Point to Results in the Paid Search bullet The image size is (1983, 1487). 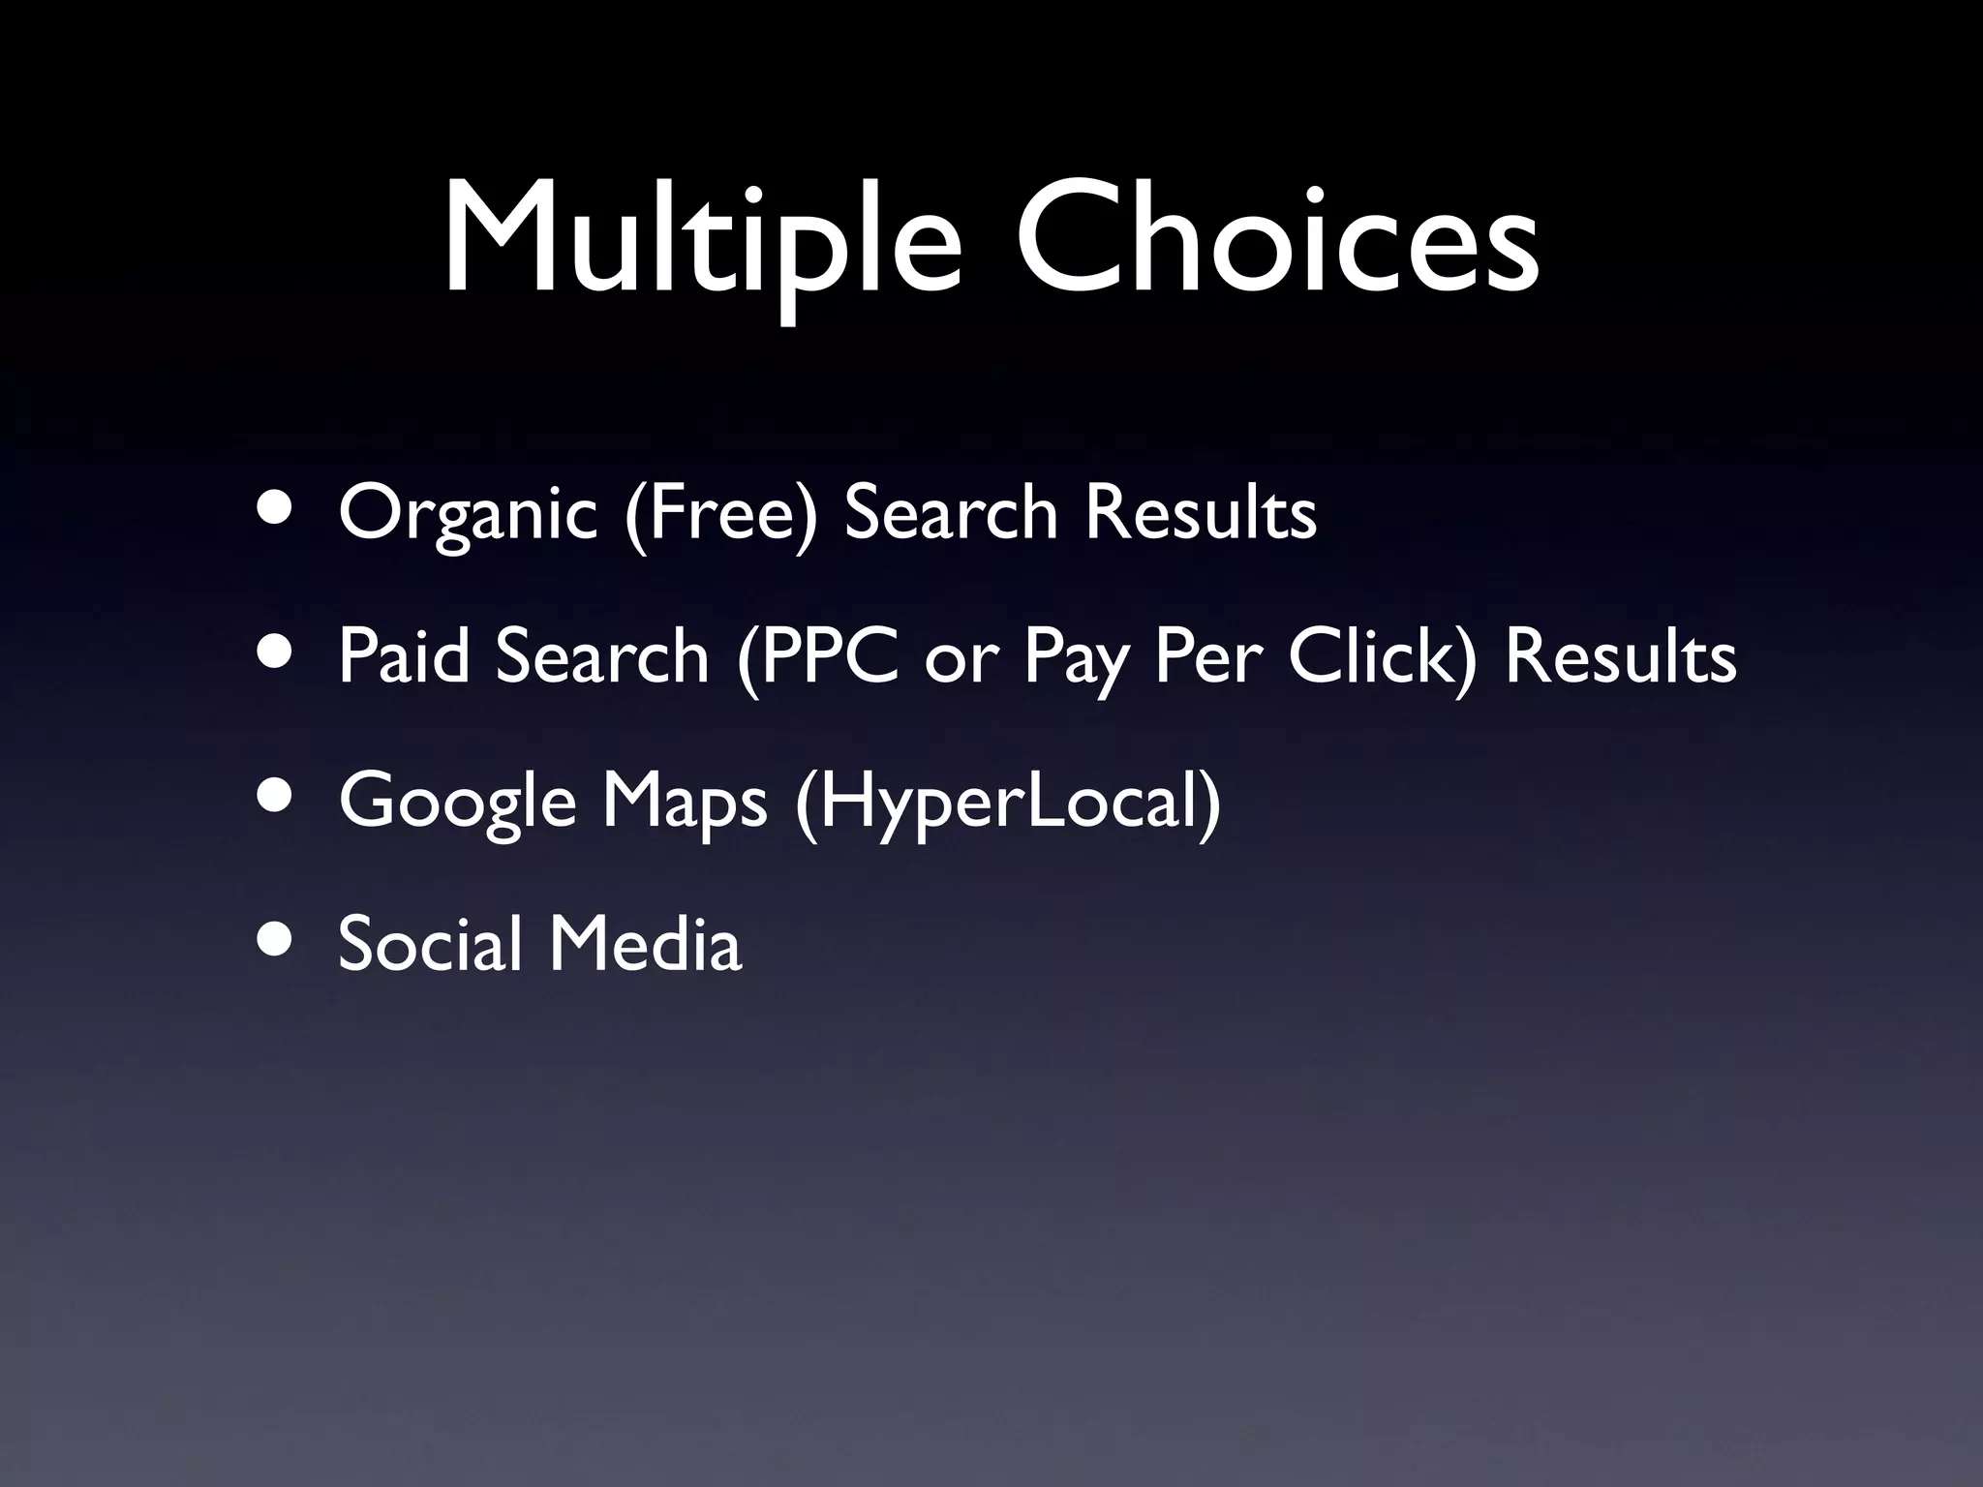click(1621, 656)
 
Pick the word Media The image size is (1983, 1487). click(646, 943)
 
